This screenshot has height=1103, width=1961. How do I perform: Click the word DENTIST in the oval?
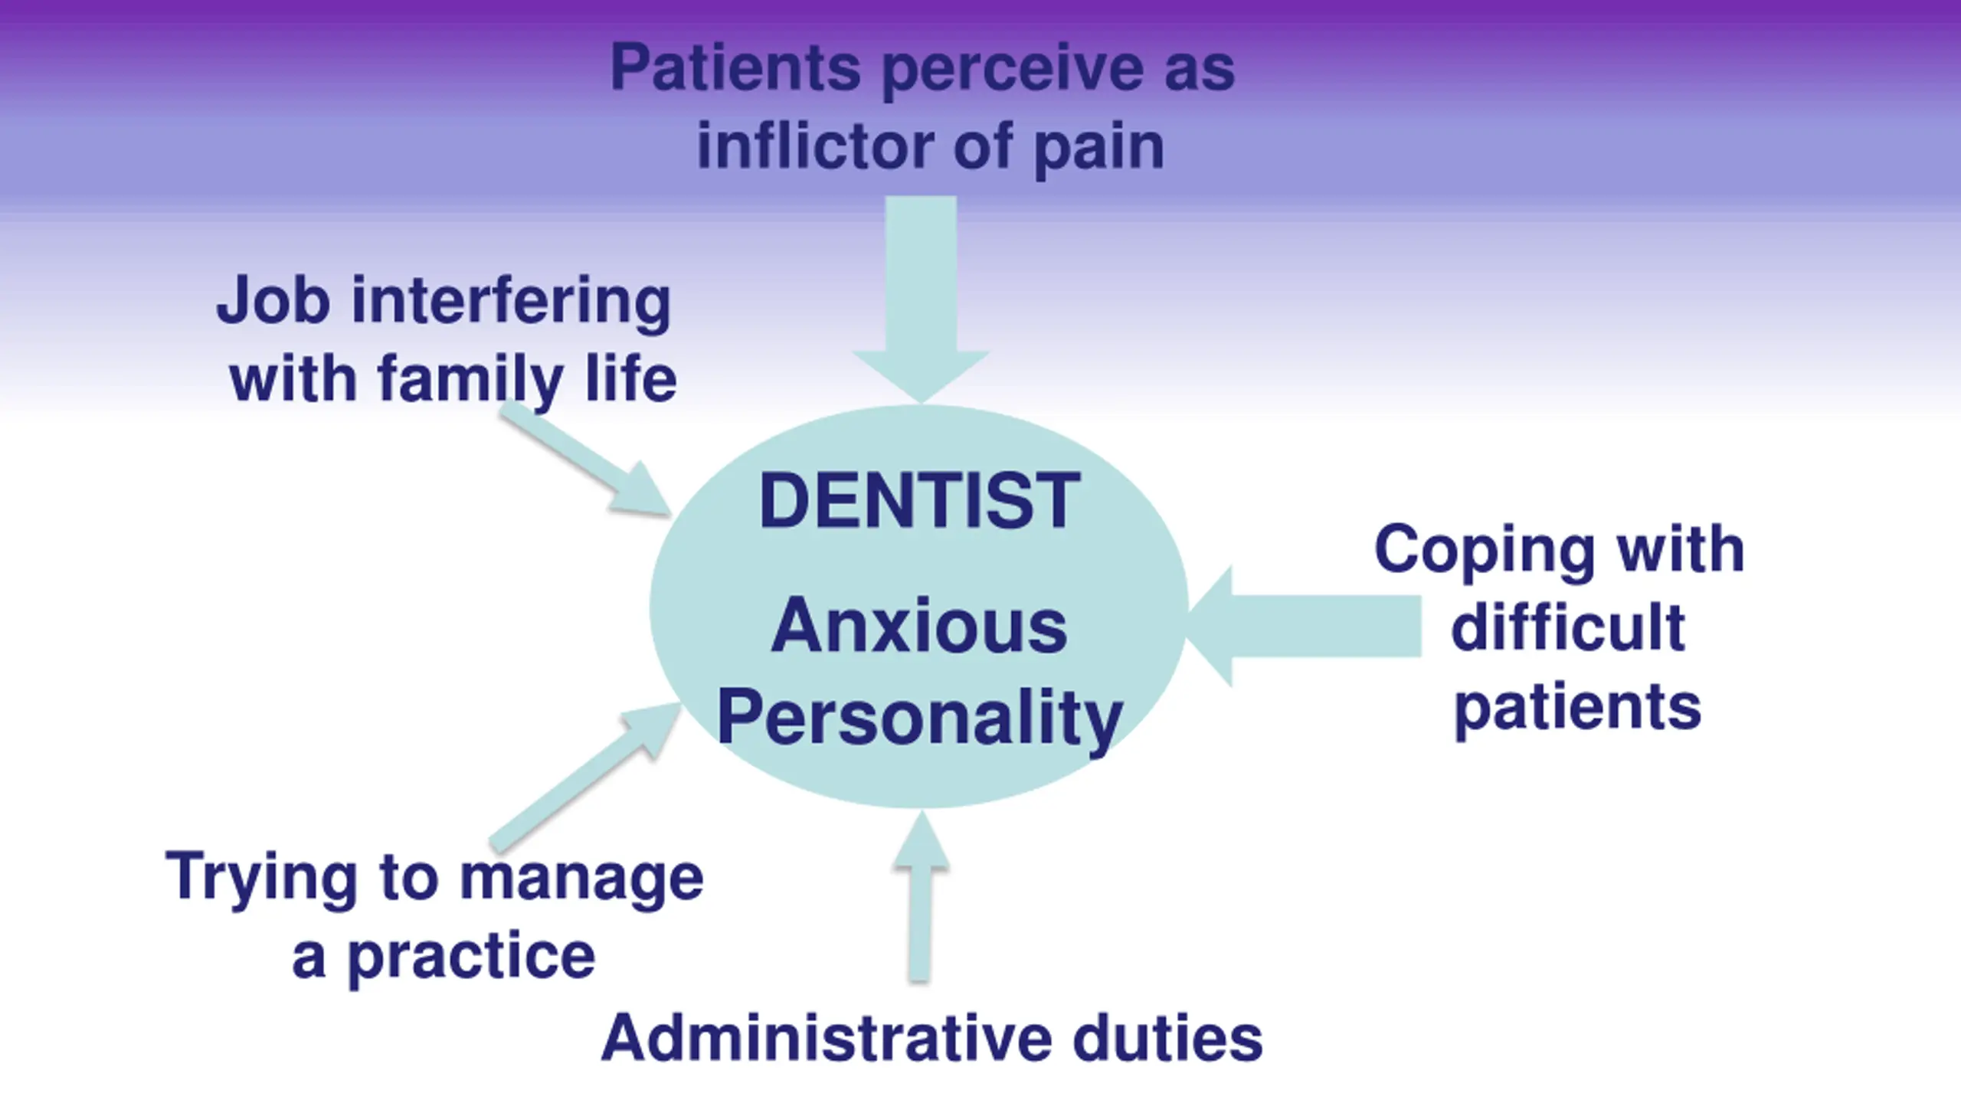pyautogui.click(x=919, y=501)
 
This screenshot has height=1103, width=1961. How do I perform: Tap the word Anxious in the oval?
pyautogui.click(x=918, y=627)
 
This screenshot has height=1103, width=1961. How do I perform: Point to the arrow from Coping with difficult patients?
pyautogui.click(x=1302, y=626)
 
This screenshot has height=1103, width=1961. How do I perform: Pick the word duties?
pyautogui.click(x=1167, y=1038)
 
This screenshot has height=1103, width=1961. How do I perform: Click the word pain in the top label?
pyautogui.click(x=1099, y=148)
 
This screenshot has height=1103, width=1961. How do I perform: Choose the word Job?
pyautogui.click(x=273, y=300)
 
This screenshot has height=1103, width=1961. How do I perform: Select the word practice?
pyautogui.click(x=472, y=957)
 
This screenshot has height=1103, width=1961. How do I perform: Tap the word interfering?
pyautogui.click(x=511, y=300)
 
